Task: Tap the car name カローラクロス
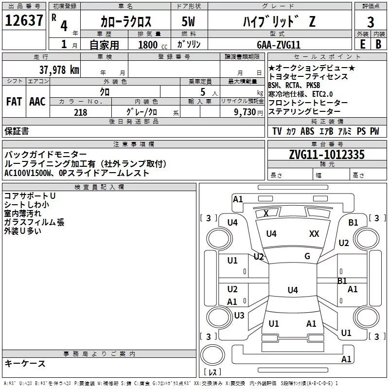126,22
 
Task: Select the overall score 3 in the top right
371,22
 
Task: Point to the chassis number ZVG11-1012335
326,155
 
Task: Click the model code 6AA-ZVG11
279,44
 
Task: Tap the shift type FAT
14,102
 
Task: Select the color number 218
80,112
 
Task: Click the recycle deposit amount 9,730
246,112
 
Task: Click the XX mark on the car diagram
314,234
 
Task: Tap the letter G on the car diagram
307,256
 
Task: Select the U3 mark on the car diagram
239,316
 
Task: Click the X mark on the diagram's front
266,213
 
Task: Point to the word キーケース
25,364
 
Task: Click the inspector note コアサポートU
30,196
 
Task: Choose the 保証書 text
17,131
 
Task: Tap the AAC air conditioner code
37,102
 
